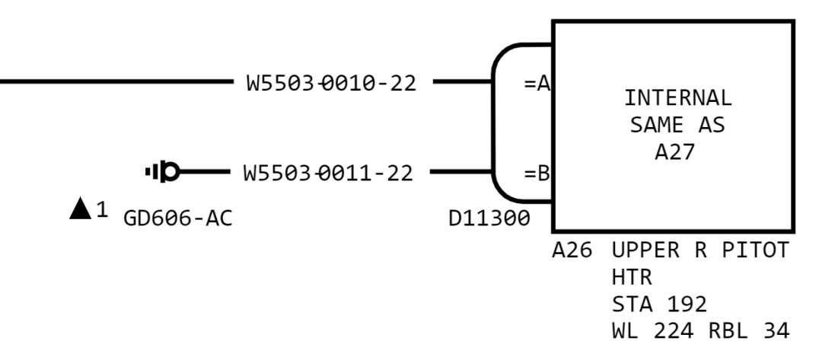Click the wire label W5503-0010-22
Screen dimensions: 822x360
[331, 83]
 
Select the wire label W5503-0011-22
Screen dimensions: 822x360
[328, 173]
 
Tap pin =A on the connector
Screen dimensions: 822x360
[537, 83]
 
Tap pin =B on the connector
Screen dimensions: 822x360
[537, 174]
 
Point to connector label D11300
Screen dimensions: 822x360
[489, 218]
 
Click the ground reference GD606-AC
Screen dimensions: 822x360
[177, 218]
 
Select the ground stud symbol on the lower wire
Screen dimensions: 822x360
[163, 171]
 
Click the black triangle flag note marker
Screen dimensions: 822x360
[80, 209]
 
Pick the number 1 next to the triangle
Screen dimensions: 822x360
[102, 210]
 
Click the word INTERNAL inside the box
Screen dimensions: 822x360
[677, 98]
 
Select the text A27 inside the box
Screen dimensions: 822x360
[674, 152]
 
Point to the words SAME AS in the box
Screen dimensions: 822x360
[677, 126]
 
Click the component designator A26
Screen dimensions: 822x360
[572, 250]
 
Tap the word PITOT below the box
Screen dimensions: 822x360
[756, 250]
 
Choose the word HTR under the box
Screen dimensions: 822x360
[632, 277]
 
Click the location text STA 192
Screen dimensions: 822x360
[659, 304]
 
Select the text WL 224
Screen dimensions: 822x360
[653, 331]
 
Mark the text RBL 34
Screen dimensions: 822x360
[749, 331]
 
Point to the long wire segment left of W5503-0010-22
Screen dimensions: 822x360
[116, 81]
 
